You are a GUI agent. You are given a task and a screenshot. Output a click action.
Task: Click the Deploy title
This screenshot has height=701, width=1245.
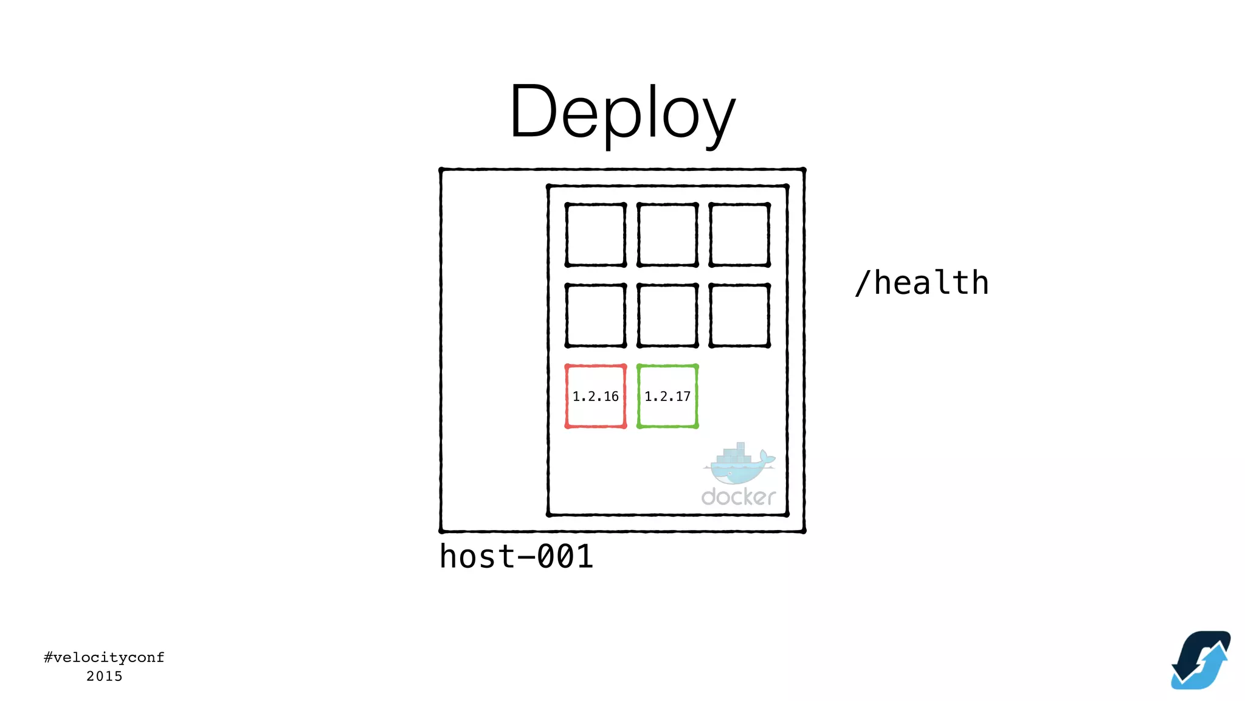[622, 113]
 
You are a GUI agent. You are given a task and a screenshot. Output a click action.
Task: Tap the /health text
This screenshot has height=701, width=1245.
[922, 283]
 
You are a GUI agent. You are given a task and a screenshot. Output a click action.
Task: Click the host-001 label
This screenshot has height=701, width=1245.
[516, 556]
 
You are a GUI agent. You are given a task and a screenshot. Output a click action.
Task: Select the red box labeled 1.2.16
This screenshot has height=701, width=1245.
[595, 396]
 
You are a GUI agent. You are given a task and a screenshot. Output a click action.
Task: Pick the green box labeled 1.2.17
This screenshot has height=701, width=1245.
[667, 396]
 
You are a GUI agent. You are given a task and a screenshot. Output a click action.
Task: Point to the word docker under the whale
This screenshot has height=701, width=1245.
[739, 497]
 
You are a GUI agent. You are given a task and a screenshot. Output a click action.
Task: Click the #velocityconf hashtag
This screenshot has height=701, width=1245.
[104, 657]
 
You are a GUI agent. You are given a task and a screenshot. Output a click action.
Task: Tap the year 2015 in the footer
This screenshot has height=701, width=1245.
[104, 676]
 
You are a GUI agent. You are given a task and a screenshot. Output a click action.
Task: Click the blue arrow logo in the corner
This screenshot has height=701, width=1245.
[1201, 660]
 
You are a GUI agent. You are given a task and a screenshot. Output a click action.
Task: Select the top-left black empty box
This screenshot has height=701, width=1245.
[595, 235]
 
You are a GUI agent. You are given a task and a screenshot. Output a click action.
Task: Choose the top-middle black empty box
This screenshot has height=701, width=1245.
[667, 235]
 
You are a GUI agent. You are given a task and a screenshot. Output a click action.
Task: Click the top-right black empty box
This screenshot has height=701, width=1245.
[739, 235]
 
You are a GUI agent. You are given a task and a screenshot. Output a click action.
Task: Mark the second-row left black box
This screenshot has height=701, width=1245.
[595, 315]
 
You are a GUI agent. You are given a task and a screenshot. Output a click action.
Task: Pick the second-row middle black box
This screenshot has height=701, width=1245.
[667, 315]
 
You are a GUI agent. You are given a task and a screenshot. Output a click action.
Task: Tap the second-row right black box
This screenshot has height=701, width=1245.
[739, 315]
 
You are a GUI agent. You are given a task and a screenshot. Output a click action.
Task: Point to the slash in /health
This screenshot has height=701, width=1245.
[862, 283]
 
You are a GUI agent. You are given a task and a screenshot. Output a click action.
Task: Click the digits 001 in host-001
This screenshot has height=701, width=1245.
[565, 556]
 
